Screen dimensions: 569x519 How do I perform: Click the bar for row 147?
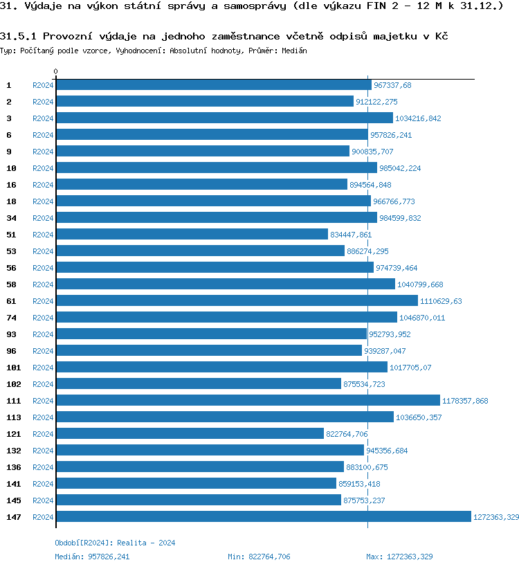coord(263,517)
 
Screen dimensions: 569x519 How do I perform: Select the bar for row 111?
coord(248,401)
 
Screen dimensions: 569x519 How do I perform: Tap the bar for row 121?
coord(190,434)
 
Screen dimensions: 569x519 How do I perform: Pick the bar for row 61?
coord(237,301)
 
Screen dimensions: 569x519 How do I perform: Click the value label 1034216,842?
coord(418,118)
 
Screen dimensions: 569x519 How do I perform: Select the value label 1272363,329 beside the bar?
coord(496,517)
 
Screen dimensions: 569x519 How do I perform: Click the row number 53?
coord(11,251)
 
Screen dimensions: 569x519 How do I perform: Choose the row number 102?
coord(13,384)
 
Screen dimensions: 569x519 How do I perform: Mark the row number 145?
coord(13,500)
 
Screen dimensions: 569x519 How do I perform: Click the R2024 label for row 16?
coord(43,185)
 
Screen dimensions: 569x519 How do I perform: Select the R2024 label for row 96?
coord(43,351)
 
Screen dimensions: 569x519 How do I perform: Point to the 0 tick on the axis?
coord(56,71)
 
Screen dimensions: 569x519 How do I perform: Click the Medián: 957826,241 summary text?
coord(92,557)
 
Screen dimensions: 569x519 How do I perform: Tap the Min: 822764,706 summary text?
coord(259,557)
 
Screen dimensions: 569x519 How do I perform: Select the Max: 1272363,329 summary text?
coord(399,557)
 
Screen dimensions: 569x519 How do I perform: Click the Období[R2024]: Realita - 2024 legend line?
coord(115,543)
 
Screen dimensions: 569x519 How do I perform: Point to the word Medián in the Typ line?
coord(295,51)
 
